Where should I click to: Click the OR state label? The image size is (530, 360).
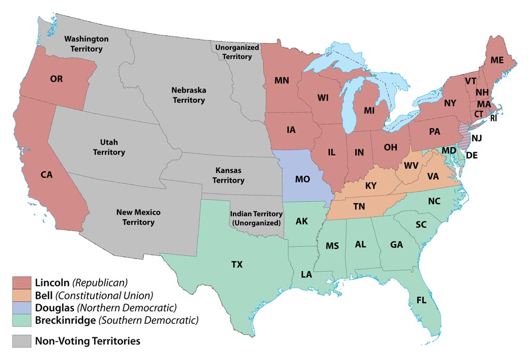(56, 79)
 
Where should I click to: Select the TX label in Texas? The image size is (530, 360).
(237, 264)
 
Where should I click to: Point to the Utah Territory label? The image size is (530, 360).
(109, 147)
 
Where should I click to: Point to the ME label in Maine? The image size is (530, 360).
(497, 60)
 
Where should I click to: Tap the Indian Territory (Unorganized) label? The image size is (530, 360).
(257, 218)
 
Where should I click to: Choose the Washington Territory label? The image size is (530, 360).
(86, 44)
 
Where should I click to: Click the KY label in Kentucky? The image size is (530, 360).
(371, 186)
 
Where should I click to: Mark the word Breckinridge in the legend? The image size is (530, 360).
(65, 320)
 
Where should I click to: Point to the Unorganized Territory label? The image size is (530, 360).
(233, 52)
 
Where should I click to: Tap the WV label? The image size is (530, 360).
(411, 166)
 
